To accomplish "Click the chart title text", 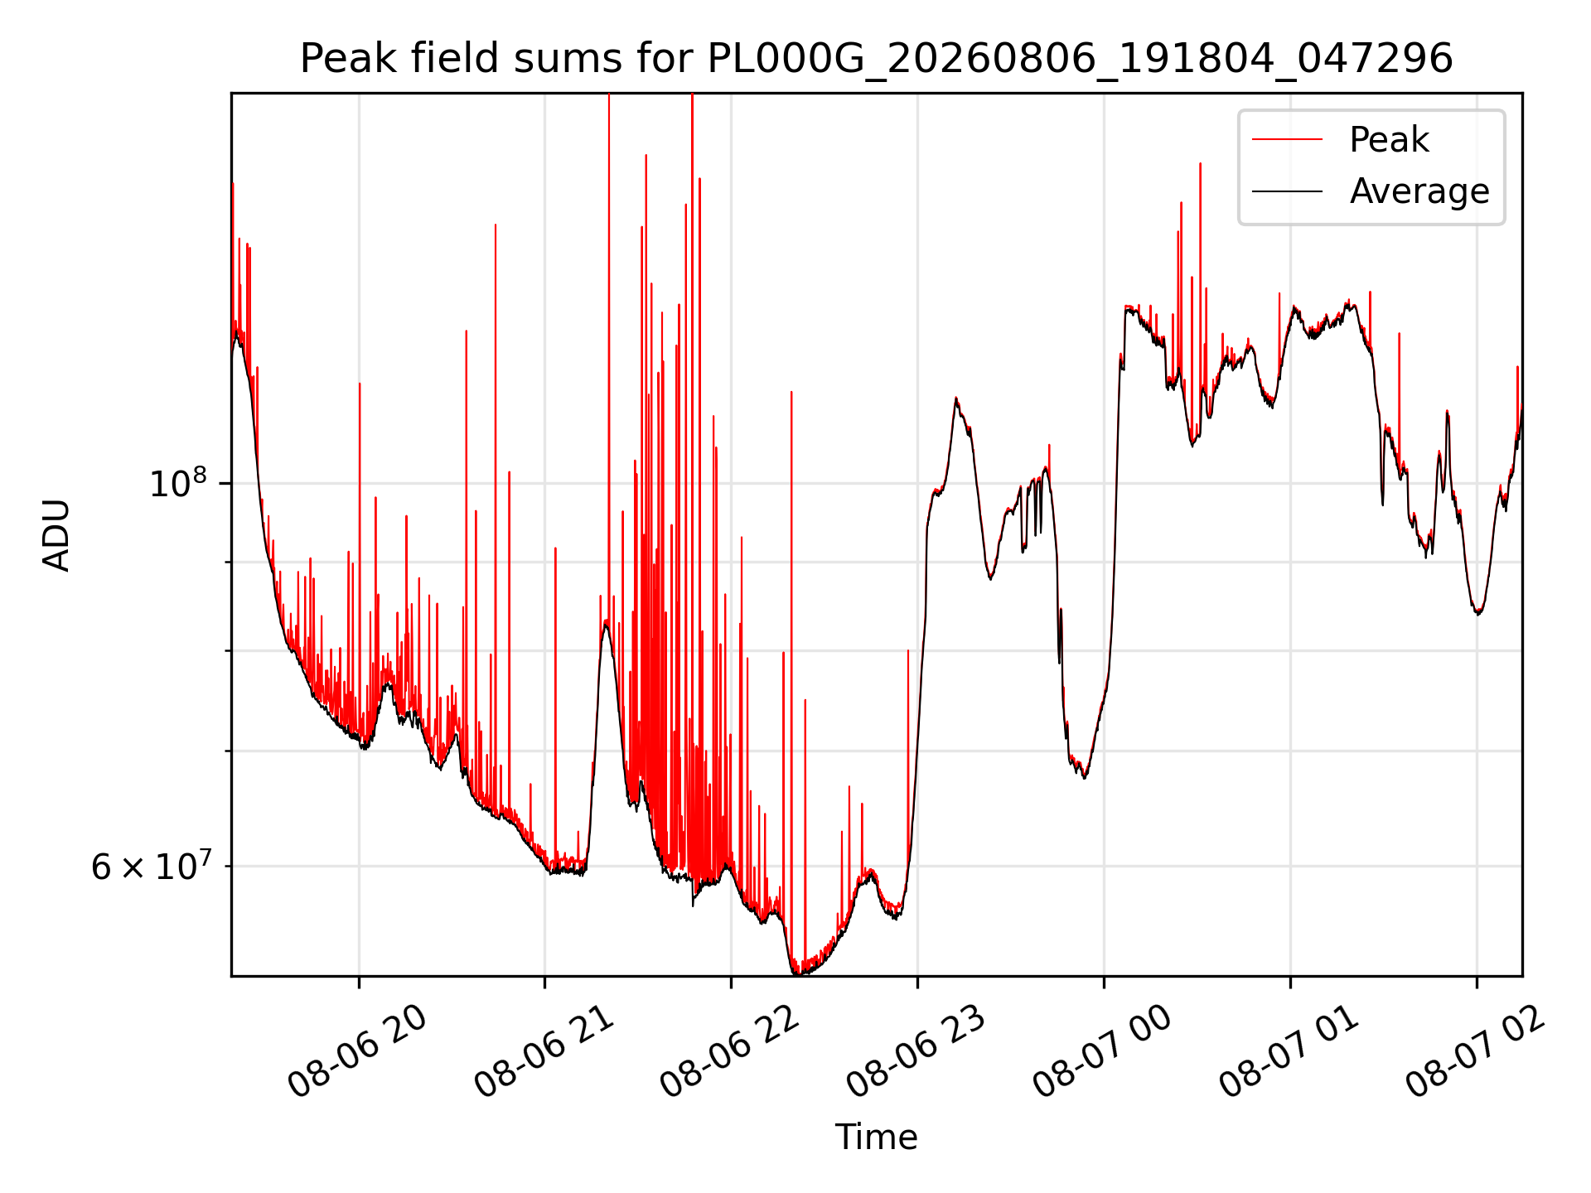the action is [876, 59].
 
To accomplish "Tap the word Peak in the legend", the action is [1389, 140].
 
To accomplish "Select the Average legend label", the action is [1419, 191].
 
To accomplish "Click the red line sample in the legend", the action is [1287, 140].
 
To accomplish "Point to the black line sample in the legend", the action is [1287, 191].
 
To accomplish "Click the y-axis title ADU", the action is [56, 535].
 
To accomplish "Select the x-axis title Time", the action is [876, 1137].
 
